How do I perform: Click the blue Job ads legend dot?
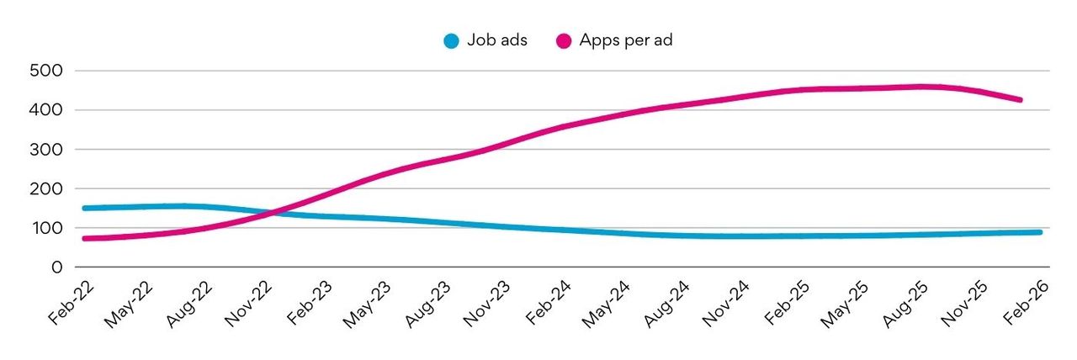[x=452, y=40]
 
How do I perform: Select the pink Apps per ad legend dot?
[x=564, y=40]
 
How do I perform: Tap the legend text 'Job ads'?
[x=498, y=40]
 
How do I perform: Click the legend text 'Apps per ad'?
[x=625, y=40]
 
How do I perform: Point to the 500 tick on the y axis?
[x=46, y=71]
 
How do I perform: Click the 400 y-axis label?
[x=46, y=110]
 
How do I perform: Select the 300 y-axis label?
[x=46, y=150]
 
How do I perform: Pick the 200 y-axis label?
[x=46, y=189]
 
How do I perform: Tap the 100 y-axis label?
[x=46, y=228]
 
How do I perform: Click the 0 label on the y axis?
[x=56, y=267]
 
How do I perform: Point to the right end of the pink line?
[x=1020, y=100]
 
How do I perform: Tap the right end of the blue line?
[x=1039, y=232]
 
